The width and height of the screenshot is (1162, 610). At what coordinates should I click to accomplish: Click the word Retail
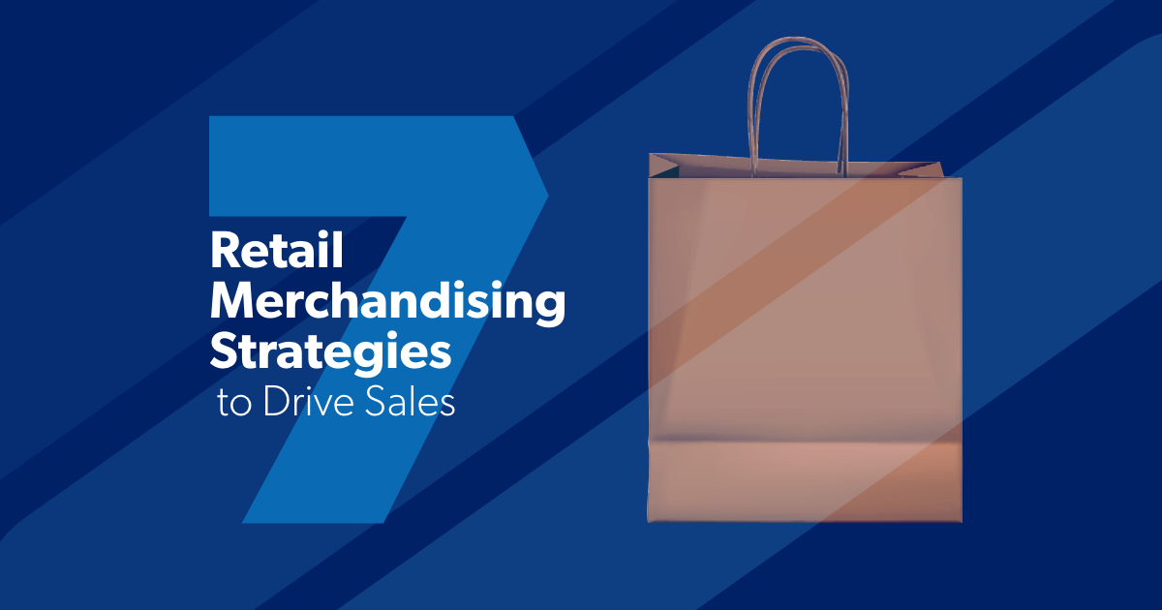(277, 253)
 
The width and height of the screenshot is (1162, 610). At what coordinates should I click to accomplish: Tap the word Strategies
(330, 352)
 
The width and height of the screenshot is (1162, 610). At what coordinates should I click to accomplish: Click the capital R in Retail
(224, 253)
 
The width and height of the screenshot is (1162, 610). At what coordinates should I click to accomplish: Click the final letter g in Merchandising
(549, 308)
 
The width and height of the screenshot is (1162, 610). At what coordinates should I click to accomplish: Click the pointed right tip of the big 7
(547, 196)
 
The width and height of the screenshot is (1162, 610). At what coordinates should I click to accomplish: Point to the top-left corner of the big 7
(212, 119)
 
